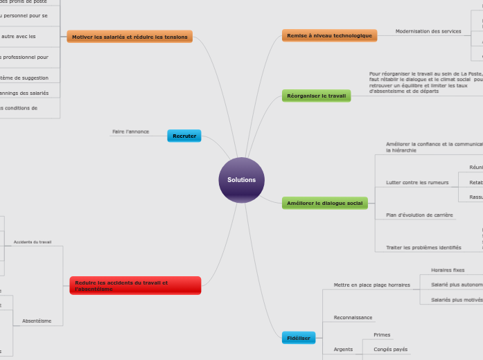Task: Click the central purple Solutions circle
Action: [x=241, y=180]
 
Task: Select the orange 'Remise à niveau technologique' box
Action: [x=329, y=35]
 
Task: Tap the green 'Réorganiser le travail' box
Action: [x=316, y=96]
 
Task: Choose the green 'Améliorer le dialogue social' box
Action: [x=324, y=203]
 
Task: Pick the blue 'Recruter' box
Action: [x=184, y=136]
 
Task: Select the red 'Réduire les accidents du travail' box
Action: [x=135, y=285]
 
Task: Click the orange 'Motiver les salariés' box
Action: [x=130, y=37]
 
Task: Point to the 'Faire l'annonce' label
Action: [x=130, y=132]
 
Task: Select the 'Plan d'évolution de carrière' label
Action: [x=419, y=215]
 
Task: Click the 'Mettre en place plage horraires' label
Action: [x=371, y=285]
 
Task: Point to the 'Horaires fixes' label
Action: [x=448, y=270]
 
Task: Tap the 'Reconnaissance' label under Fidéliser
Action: [x=353, y=318]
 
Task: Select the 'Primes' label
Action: [x=382, y=335]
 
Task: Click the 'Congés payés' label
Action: [x=390, y=350]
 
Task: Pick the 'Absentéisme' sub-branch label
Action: [x=37, y=321]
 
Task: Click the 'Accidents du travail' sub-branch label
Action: [x=33, y=242]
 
